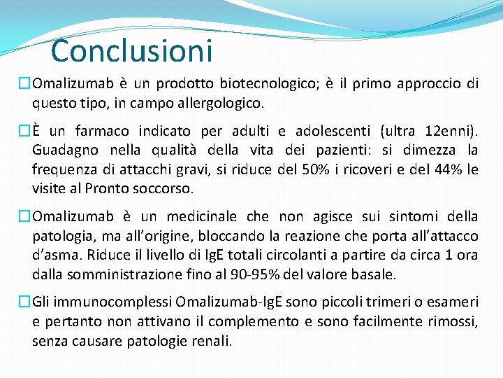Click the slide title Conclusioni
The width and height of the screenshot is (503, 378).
(x=131, y=50)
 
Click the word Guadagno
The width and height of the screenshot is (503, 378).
(x=66, y=150)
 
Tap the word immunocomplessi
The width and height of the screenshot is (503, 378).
(x=110, y=302)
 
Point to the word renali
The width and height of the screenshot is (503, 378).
(x=210, y=341)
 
